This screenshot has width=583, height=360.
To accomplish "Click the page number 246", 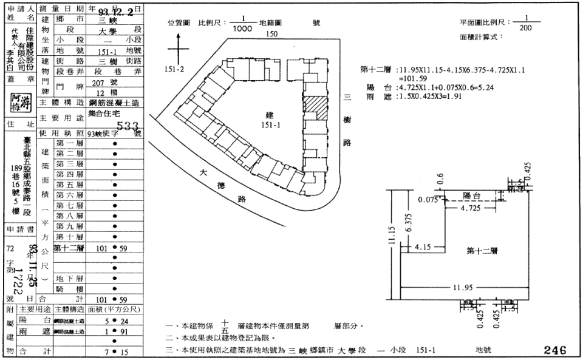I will (x=555, y=350).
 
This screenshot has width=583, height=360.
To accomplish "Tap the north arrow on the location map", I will (x=178, y=46).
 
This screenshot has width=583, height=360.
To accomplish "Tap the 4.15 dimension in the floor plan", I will (x=424, y=248).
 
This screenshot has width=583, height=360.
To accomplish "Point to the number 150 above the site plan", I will (x=271, y=35).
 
